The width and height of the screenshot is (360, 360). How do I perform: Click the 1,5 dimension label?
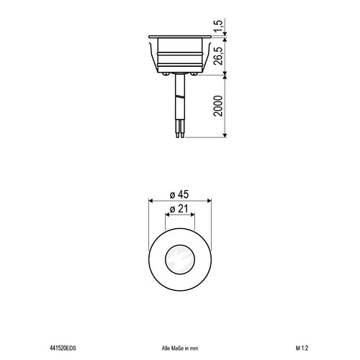[x=218, y=26]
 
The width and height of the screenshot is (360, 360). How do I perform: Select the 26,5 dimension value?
[x=218, y=55]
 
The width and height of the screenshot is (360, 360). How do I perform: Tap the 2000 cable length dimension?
[x=218, y=106]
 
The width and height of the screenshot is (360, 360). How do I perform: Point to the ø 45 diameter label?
[x=179, y=194]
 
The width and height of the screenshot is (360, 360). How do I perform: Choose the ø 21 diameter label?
[x=179, y=209]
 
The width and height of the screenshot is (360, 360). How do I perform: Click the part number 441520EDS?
[x=63, y=348]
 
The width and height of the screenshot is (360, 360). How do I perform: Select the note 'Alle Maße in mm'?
[x=180, y=348]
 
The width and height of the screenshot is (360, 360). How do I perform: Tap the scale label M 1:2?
[x=302, y=348]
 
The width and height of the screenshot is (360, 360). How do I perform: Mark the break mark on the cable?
[x=180, y=97]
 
